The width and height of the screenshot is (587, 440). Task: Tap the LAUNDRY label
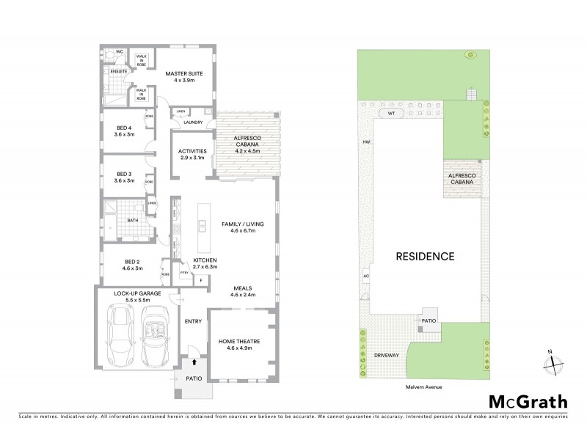tap(193, 122)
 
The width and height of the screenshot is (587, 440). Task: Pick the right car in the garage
tap(155, 337)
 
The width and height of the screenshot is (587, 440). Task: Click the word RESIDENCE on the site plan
tap(426, 257)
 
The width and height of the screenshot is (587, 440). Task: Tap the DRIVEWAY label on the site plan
tap(387, 354)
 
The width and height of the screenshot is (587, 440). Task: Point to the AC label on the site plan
tap(365, 276)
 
